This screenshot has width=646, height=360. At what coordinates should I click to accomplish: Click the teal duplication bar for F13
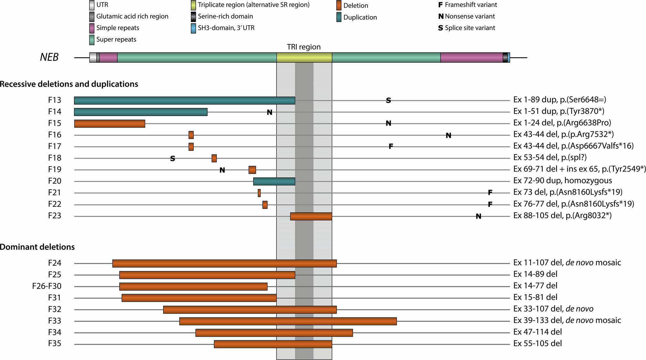click(x=184, y=101)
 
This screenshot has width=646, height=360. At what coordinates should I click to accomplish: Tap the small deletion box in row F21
click(x=259, y=193)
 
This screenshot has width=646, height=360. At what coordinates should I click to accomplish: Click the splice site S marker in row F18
click(x=173, y=159)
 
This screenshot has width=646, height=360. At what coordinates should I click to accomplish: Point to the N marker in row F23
click(x=478, y=217)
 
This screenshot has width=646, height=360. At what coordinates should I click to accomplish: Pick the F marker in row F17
click(x=391, y=147)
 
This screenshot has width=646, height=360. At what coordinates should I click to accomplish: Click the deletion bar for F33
click(x=288, y=321)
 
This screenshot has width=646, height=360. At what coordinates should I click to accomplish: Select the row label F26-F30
click(x=47, y=286)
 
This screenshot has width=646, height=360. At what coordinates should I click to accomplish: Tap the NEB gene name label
click(x=49, y=57)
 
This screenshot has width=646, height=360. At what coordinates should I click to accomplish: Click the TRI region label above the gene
click(x=304, y=47)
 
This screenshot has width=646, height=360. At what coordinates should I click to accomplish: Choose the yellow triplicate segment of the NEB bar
click(x=304, y=58)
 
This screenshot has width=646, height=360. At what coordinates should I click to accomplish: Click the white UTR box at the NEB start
click(x=93, y=58)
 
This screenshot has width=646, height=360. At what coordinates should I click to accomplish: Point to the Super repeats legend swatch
click(x=92, y=40)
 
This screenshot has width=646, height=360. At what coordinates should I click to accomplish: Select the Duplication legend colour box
click(x=339, y=17)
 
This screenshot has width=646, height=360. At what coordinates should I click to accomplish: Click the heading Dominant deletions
click(x=37, y=247)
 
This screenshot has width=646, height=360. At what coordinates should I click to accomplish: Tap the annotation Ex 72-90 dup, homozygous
click(x=562, y=181)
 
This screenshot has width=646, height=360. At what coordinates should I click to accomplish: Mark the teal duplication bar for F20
click(x=274, y=181)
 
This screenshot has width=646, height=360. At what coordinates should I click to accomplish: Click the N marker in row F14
click(x=269, y=112)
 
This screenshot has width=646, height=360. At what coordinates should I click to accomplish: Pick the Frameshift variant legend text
click(x=471, y=5)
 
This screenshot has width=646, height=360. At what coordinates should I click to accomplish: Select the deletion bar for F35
click(x=273, y=344)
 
